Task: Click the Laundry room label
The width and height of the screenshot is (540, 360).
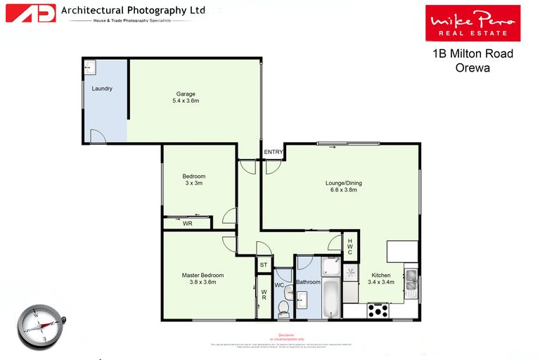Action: [x=102, y=89]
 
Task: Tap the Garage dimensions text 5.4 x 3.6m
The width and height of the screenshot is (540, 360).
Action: [x=186, y=101]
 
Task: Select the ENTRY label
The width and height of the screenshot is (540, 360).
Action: [x=273, y=152]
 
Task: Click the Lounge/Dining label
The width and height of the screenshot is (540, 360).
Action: [x=342, y=184]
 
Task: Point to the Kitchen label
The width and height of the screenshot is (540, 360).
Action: [x=381, y=275]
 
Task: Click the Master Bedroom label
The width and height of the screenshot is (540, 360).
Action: [x=202, y=275]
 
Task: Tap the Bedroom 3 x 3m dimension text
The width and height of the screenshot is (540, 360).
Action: [x=193, y=184]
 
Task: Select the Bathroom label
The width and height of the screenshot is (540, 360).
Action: [x=308, y=282]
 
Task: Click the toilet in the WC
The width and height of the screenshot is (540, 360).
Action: [x=284, y=308]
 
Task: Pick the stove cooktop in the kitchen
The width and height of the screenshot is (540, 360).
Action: [x=378, y=310]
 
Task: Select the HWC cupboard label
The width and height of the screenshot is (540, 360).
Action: [x=350, y=247]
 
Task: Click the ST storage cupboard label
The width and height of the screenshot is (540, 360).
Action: [x=264, y=265]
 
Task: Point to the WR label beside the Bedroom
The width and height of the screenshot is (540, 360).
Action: [x=187, y=224]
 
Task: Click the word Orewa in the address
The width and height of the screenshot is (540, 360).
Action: [x=472, y=68]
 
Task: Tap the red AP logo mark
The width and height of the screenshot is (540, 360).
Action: [x=30, y=13]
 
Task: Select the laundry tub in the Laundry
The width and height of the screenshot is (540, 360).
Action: [x=89, y=67]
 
